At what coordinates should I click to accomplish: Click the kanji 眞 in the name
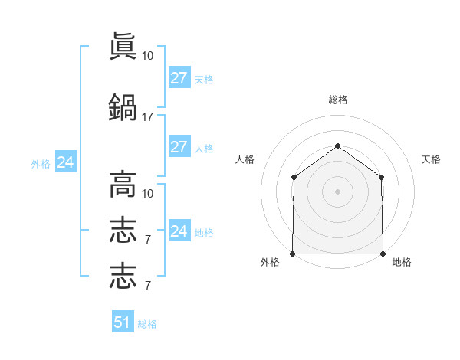(123, 46)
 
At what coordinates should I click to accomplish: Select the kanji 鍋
(123, 107)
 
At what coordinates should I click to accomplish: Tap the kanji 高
(123, 185)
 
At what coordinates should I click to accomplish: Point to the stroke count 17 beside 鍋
(147, 117)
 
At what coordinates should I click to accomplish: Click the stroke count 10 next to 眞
(147, 56)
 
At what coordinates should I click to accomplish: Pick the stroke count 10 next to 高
(147, 194)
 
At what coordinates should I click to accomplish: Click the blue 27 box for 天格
(179, 77)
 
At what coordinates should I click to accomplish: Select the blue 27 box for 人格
(179, 146)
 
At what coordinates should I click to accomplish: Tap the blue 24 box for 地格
(179, 230)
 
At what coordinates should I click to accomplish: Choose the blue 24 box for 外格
(66, 162)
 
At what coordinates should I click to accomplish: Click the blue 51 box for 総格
(123, 321)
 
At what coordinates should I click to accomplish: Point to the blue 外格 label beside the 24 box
(41, 164)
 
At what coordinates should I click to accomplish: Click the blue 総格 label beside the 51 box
(147, 324)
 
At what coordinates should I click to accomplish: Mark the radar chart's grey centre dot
(337, 191)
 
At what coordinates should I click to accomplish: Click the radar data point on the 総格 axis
(337, 146)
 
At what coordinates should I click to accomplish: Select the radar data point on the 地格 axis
(383, 254)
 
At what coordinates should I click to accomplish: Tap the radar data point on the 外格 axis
(293, 254)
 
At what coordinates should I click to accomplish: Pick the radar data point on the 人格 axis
(294, 178)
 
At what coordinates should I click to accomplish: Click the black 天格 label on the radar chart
(431, 159)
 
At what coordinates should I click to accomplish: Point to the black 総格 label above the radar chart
(338, 100)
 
